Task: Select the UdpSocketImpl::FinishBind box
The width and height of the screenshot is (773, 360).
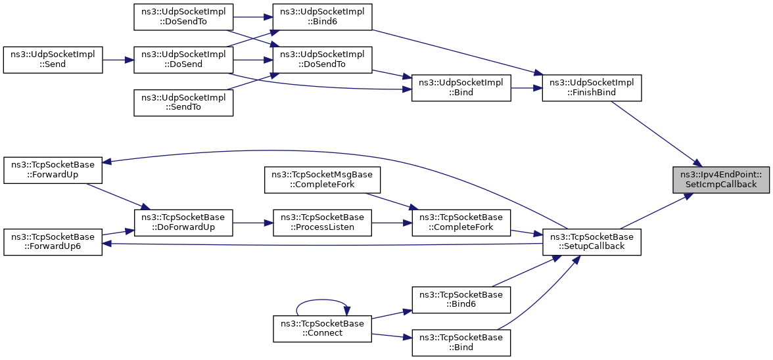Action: [x=591, y=88]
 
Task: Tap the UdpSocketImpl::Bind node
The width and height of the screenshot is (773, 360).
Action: [x=461, y=88]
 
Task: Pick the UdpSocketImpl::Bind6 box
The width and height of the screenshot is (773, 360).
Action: [x=322, y=16]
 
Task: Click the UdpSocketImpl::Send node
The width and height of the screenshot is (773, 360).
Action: [x=53, y=60]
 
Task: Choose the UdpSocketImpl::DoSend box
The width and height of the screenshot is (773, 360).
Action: [x=183, y=60]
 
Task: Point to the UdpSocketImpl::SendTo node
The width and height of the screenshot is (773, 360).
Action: [x=183, y=102]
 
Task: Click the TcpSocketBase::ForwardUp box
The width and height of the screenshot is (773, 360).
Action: [x=53, y=170]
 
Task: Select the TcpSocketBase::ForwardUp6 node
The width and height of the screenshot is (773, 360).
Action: [x=53, y=242]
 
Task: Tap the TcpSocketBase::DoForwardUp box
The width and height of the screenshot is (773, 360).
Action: [x=183, y=223]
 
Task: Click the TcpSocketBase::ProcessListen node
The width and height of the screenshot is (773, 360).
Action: [x=322, y=223]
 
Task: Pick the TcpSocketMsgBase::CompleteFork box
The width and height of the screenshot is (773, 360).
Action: [x=322, y=180]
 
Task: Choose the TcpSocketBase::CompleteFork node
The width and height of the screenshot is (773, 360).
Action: [x=461, y=223]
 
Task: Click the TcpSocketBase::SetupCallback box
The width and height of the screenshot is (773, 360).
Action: [x=591, y=242]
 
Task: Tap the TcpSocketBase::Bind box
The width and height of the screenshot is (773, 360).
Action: [x=461, y=342]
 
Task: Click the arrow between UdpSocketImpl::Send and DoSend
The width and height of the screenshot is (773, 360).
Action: [x=118, y=60]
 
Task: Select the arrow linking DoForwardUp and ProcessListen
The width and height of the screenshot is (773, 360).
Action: [x=253, y=223]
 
